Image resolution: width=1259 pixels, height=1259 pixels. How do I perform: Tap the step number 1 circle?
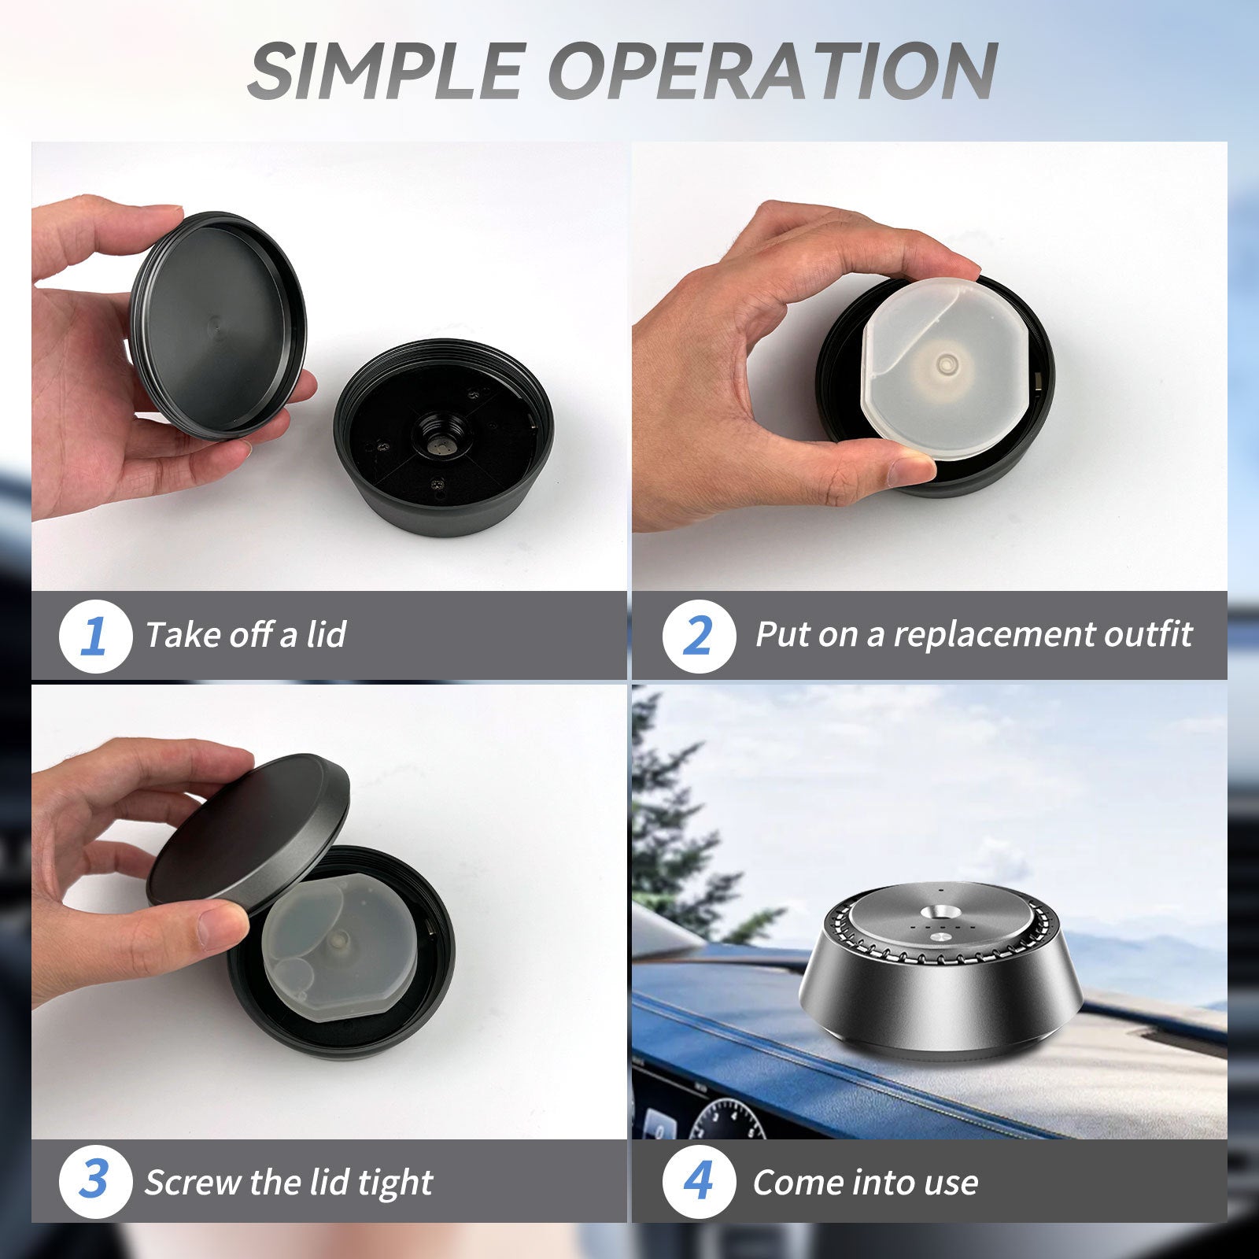click(x=94, y=635)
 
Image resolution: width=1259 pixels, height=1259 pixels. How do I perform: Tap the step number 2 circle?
click(x=698, y=635)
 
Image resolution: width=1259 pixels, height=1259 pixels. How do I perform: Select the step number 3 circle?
click(x=94, y=1181)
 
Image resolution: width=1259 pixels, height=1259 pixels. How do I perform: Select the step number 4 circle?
click(x=698, y=1181)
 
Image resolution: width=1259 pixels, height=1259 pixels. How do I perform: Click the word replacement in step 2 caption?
click(x=993, y=634)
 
